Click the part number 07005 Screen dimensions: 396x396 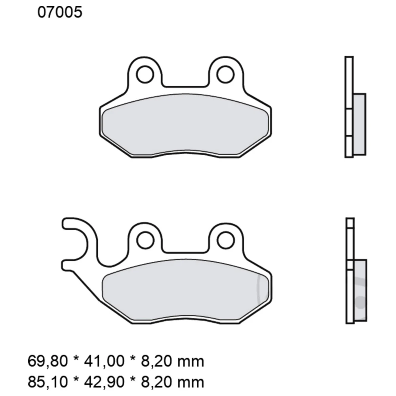coord(60,13)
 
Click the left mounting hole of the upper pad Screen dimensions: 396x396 coord(145,74)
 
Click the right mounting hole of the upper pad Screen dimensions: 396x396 coord(226,74)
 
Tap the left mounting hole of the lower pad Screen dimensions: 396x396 coord(145,240)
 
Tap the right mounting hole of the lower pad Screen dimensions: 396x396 coord(226,240)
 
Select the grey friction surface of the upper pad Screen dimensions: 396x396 coord(186,125)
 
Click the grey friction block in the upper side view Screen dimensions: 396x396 coord(359,124)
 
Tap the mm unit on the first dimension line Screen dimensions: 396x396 coord(193,361)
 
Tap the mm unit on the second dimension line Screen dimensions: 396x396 coord(193,382)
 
